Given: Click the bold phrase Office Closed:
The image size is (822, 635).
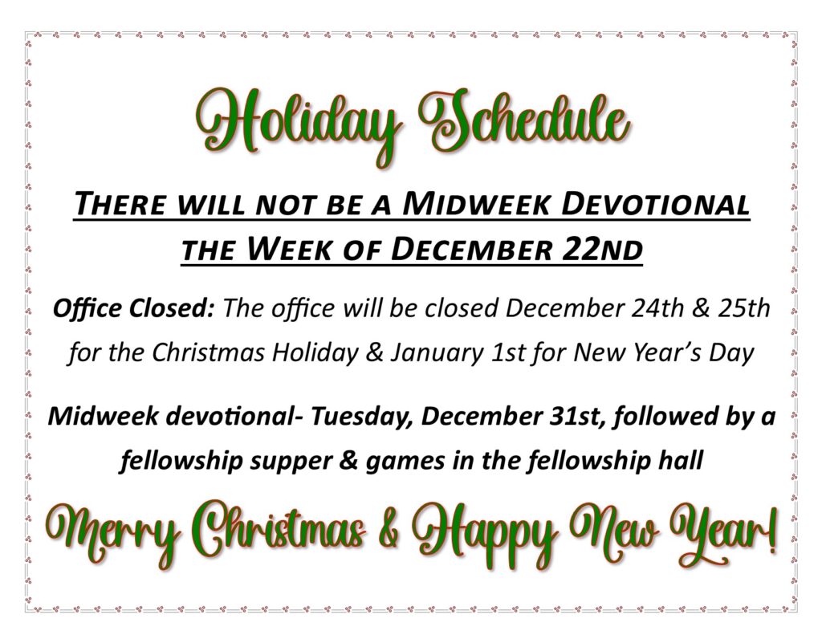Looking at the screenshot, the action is point(134,308).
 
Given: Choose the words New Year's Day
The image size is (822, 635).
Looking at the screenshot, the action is point(664,353).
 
